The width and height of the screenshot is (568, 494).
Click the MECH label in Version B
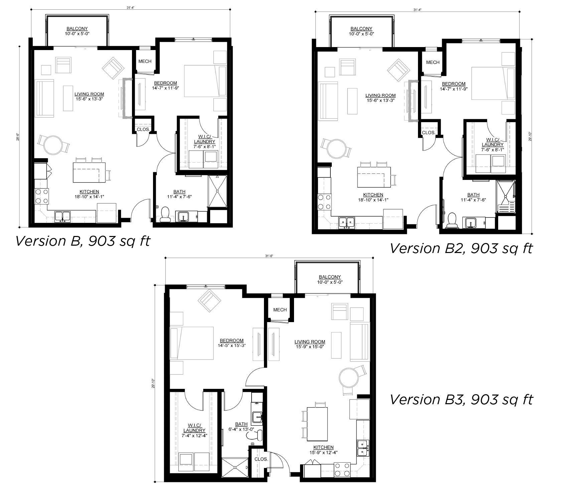[145, 61]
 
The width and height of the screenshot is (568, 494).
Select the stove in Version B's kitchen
[41, 196]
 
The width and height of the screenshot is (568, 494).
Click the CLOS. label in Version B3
[261, 459]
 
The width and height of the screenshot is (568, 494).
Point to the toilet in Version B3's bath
[255, 435]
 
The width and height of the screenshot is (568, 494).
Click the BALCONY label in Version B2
[361, 29]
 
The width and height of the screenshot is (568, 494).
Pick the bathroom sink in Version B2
[470, 222]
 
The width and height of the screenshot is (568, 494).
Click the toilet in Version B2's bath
[452, 221]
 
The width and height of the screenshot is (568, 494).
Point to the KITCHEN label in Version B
[89, 192]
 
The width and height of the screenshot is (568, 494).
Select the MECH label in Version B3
[280, 310]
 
